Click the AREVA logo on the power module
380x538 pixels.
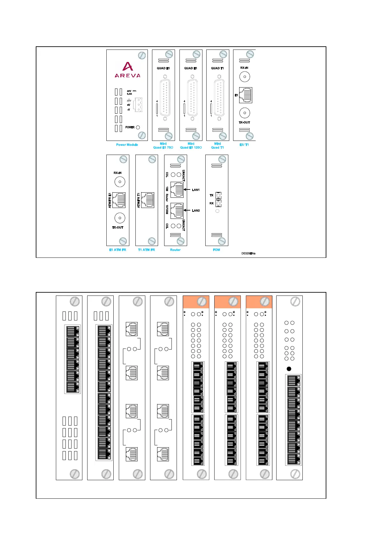127,70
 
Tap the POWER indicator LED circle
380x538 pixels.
138,127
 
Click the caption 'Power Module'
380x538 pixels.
127,145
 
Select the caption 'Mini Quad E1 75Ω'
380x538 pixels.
163,146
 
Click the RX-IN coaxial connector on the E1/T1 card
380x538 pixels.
245,77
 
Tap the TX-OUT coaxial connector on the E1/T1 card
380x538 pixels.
245,113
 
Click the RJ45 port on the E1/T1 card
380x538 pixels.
246,95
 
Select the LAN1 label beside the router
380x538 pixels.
196,190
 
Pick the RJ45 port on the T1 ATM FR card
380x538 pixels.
148,200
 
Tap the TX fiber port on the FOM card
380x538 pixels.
218,195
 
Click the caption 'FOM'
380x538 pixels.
217,250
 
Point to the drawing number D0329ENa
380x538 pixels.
248,253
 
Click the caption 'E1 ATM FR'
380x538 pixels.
118,250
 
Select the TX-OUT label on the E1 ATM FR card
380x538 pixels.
118,227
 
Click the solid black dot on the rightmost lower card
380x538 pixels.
289,369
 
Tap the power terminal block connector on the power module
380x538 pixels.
137,104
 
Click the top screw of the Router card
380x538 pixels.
181,159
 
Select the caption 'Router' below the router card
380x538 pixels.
175,250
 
